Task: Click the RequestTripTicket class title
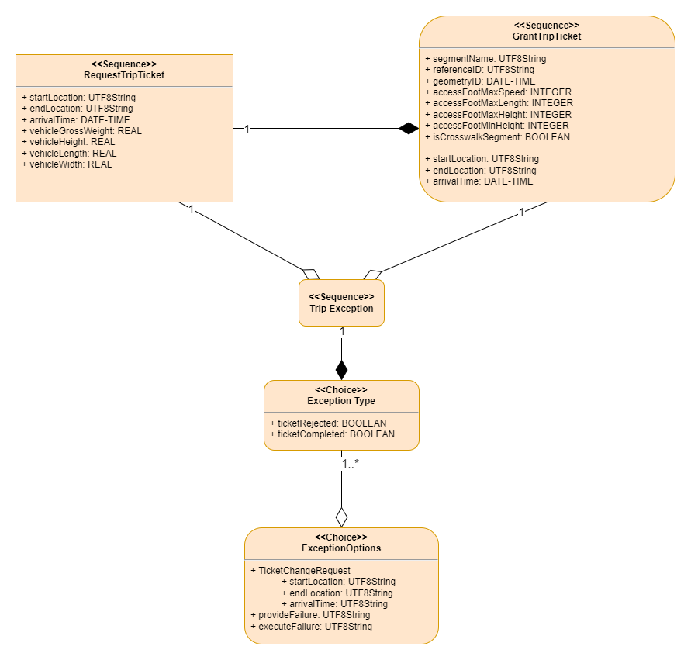tap(124, 75)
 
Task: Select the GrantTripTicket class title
tap(547, 36)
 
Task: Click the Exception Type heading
tap(341, 401)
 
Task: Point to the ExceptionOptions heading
tap(341, 548)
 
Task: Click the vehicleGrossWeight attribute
tap(81, 131)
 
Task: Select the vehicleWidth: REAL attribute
tap(67, 164)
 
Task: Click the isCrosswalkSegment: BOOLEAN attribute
tap(497, 137)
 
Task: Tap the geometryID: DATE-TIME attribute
tap(479, 81)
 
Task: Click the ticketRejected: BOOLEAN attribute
tap(328, 423)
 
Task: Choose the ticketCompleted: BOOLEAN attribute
tap(332, 434)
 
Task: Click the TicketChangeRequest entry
tap(300, 570)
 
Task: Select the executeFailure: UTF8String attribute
tap(311, 626)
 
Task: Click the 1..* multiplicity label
tap(351, 463)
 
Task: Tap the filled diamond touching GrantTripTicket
tap(409, 129)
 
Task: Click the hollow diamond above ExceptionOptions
tap(341, 517)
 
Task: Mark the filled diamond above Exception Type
tap(341, 369)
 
